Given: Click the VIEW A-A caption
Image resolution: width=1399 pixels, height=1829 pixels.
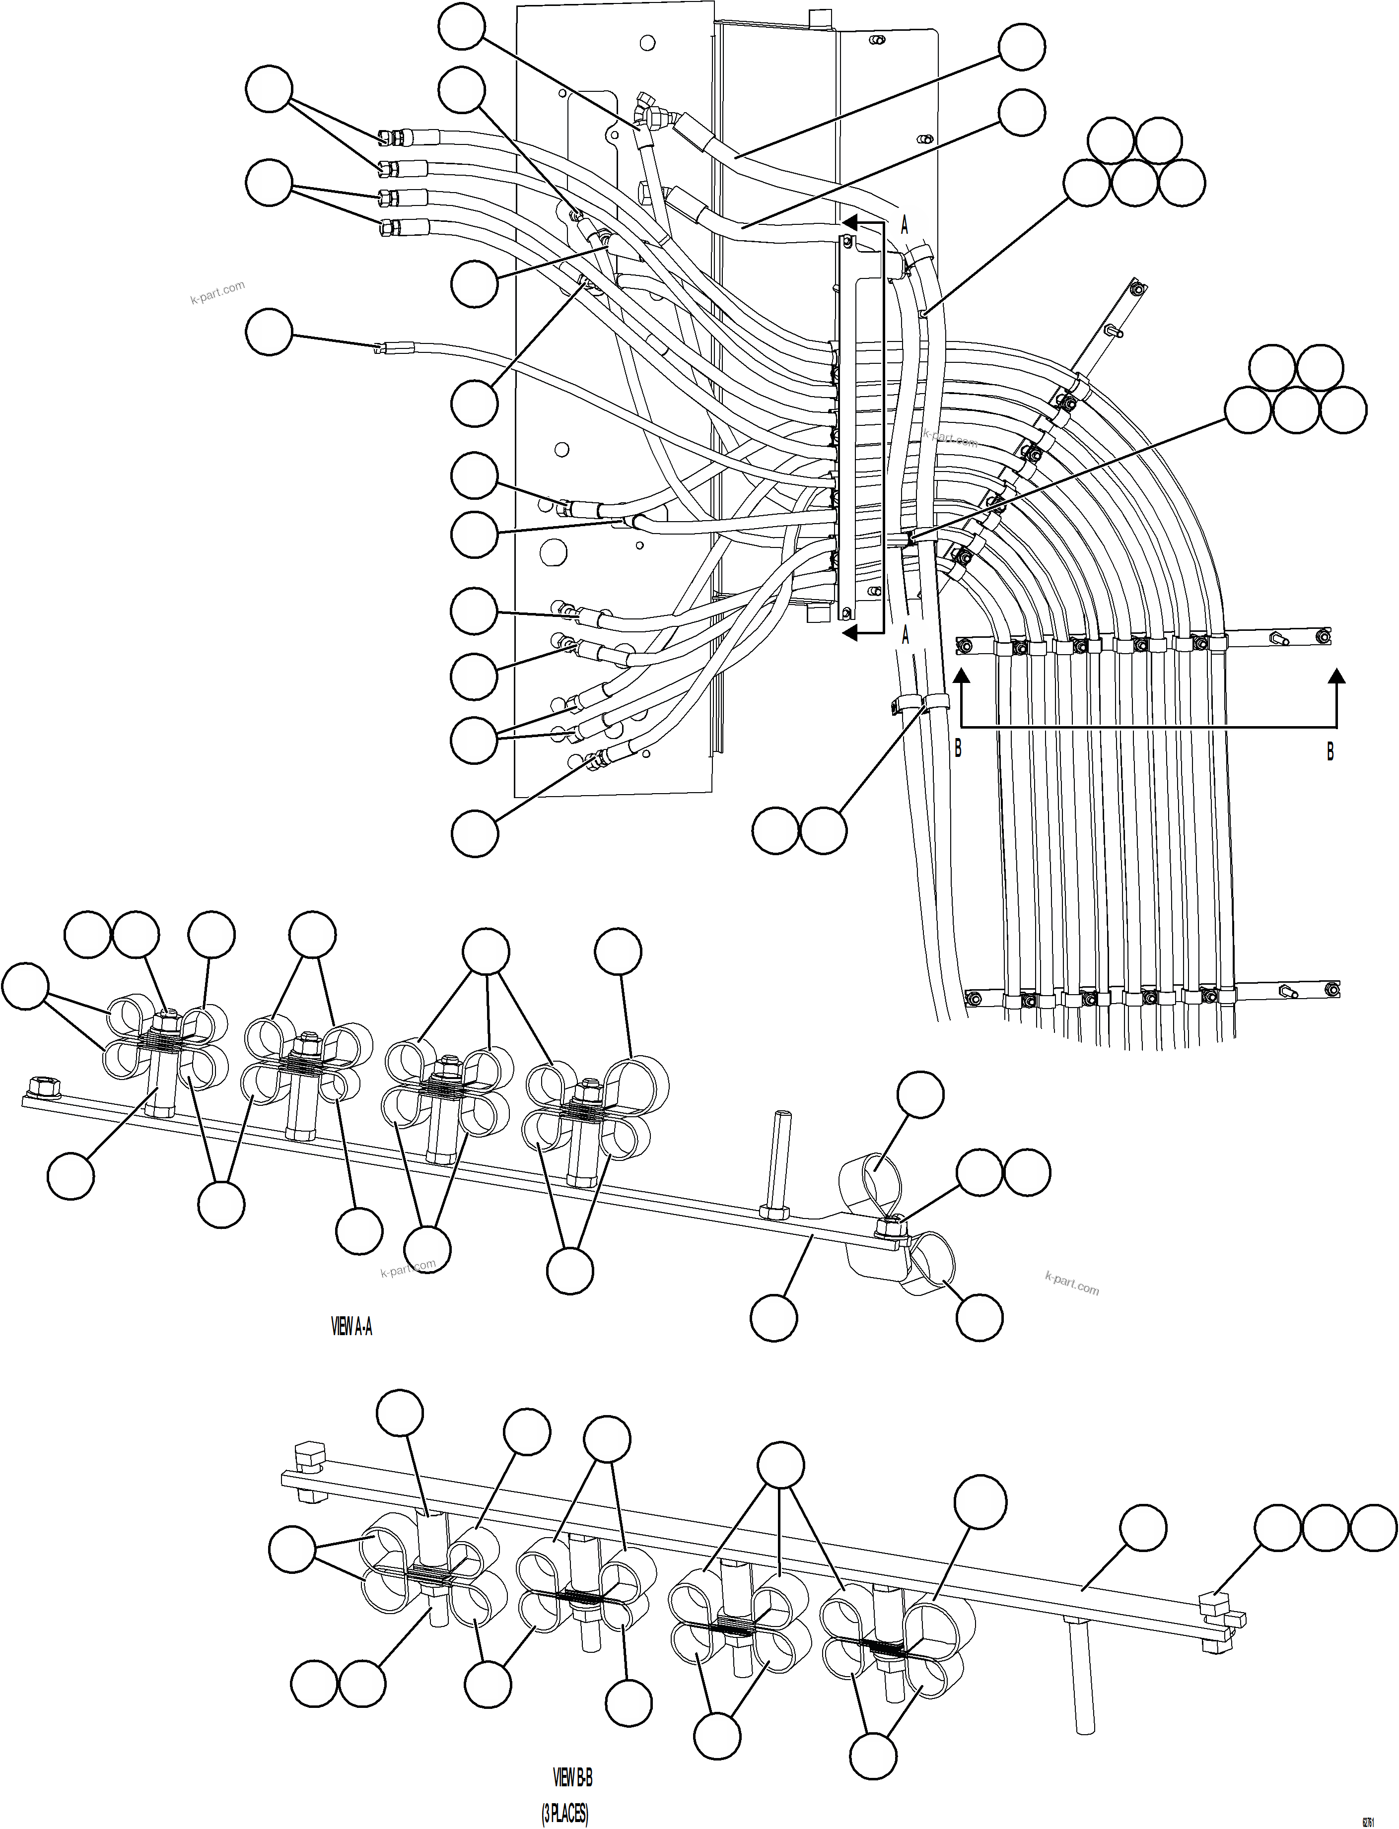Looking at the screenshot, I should [x=351, y=1327].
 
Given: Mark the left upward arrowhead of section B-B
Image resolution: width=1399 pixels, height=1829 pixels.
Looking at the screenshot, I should [x=962, y=677].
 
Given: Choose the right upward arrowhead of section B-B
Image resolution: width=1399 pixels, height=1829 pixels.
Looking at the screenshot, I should [x=1336, y=677].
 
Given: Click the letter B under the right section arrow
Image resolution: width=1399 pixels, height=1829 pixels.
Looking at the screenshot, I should [x=1330, y=752].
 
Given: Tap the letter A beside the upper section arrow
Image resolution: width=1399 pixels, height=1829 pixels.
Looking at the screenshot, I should [x=905, y=225].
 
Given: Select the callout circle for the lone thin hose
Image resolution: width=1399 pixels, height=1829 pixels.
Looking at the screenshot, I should [x=269, y=332].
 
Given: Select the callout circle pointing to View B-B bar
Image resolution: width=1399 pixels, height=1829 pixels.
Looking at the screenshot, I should [x=1142, y=1528].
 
